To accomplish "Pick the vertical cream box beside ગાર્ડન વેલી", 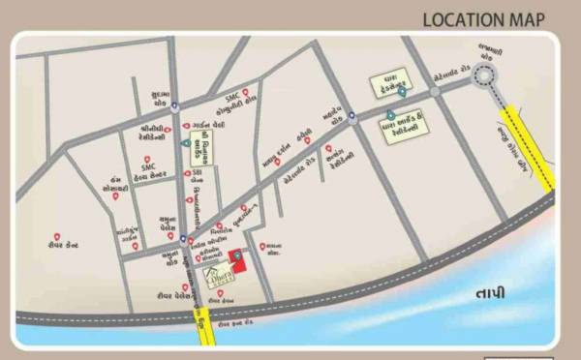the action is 204,149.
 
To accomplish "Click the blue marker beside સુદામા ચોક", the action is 174,107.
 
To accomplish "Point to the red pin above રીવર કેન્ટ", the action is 58,236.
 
